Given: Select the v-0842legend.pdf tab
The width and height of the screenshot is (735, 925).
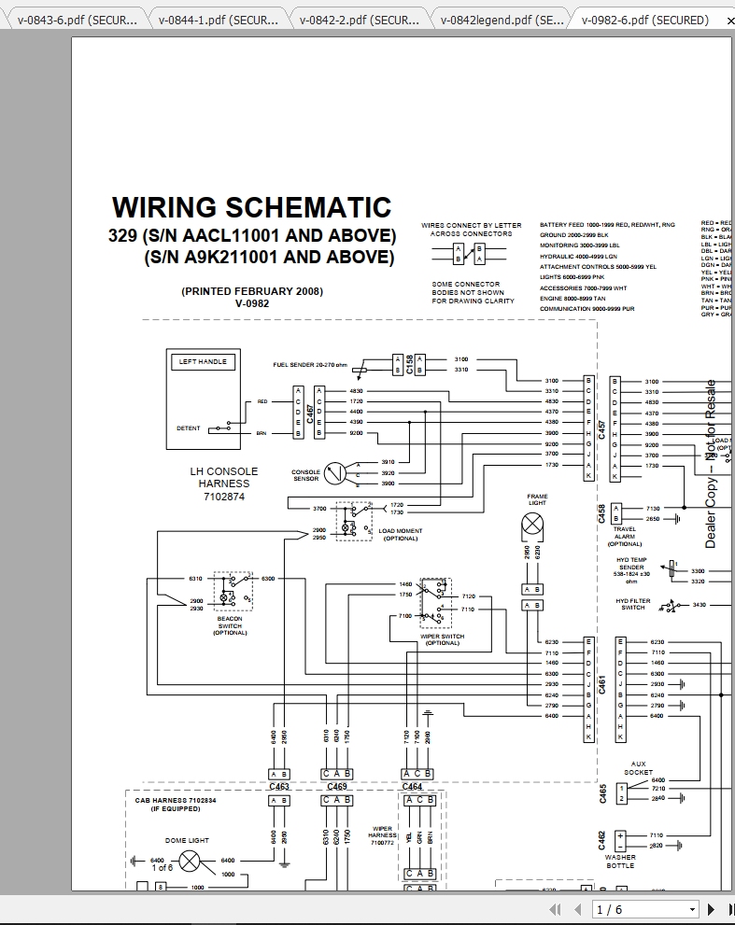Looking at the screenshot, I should click(501, 19).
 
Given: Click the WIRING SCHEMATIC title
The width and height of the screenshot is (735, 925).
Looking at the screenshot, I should click(251, 207).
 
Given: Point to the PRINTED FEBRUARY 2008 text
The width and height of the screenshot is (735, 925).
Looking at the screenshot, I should click(252, 291).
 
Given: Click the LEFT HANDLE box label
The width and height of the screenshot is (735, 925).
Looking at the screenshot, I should click(202, 361).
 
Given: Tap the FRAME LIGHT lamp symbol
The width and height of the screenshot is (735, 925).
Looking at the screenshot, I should click(532, 526).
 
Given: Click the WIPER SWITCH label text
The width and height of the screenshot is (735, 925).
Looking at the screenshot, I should click(442, 639).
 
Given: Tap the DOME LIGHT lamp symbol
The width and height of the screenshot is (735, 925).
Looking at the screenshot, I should click(190, 861).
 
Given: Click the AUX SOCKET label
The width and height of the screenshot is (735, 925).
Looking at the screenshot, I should click(639, 768).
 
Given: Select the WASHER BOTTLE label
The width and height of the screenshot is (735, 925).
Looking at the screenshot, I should click(620, 861).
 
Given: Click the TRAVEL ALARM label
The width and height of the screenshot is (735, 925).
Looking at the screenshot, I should click(625, 536).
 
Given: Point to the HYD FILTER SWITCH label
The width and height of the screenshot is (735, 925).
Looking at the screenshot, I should click(633, 604).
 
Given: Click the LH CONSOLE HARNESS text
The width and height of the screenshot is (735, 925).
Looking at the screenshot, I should click(223, 484).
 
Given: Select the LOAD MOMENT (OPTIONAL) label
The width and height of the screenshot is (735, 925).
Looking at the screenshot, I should click(400, 534).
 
